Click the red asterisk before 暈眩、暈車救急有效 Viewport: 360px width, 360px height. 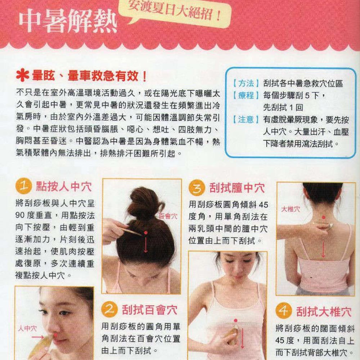click(23, 76)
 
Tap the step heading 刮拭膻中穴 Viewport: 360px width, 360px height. click(237, 188)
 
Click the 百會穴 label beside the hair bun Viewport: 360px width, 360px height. click(168, 216)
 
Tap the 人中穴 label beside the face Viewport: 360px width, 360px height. click(27, 328)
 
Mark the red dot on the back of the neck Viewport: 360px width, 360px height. click(323, 217)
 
